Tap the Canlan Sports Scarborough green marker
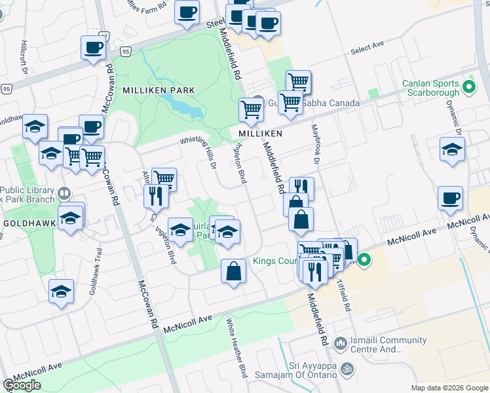coord(468,86)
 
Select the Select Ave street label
coord(367,48)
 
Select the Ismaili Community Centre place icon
coord(339,343)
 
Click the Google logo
coord(22,385)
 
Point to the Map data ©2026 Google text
coord(449,388)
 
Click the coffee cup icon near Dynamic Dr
coord(450,198)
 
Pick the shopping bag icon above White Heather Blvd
coord(234,271)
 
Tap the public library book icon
coord(64,194)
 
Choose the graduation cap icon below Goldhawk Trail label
coord(61,291)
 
